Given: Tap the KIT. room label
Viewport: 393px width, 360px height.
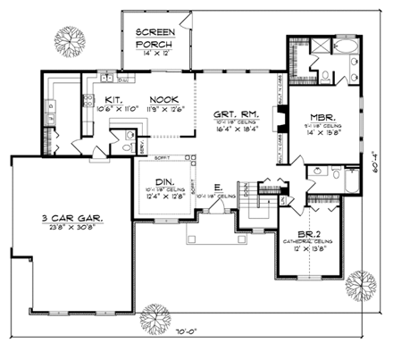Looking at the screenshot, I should click(113, 100).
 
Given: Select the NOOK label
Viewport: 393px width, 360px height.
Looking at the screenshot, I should click(163, 100).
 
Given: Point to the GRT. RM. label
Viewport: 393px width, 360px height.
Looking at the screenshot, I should click(235, 114).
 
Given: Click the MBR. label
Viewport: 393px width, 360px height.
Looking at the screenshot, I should click(322, 117).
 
